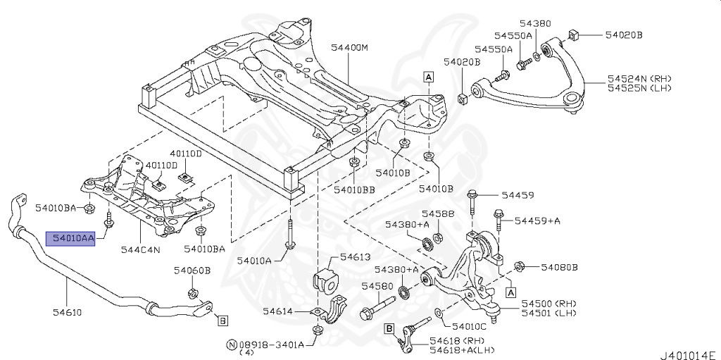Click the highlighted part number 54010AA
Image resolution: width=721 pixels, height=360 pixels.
click(70, 238)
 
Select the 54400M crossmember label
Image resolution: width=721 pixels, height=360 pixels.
click(350, 49)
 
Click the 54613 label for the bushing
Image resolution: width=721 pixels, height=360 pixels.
click(355, 257)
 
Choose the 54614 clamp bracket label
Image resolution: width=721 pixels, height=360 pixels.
click(280, 311)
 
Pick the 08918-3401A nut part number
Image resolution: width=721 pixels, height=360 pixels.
click(271, 345)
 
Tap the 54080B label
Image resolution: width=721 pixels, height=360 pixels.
click(559, 267)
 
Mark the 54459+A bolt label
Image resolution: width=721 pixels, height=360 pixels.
click(537, 221)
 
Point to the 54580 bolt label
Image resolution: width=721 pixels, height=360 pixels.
click(377, 287)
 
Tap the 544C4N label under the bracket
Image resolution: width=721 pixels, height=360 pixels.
click(140, 248)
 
